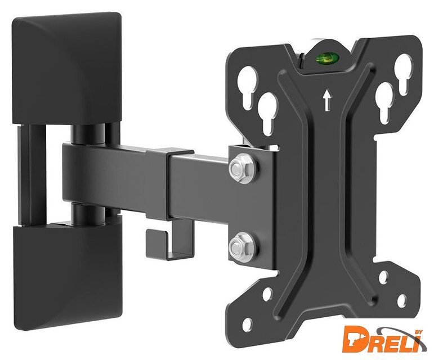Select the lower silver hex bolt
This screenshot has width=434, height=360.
point(240,245)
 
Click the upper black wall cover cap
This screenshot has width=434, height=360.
point(67,68)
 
